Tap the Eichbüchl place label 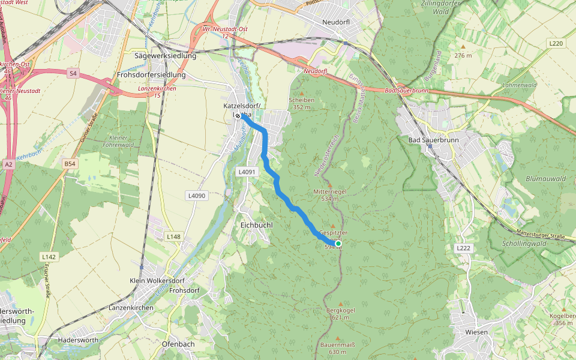256,224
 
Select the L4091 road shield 247,172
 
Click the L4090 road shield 196,196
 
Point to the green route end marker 338,244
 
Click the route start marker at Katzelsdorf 238,116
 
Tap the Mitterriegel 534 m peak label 330,194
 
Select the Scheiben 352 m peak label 301,103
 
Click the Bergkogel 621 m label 340,314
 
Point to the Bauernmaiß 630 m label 338,348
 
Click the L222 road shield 463,248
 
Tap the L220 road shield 556,43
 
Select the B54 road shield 71,163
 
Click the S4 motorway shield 73,73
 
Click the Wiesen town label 476,332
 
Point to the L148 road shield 173,237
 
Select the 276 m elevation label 463,55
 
